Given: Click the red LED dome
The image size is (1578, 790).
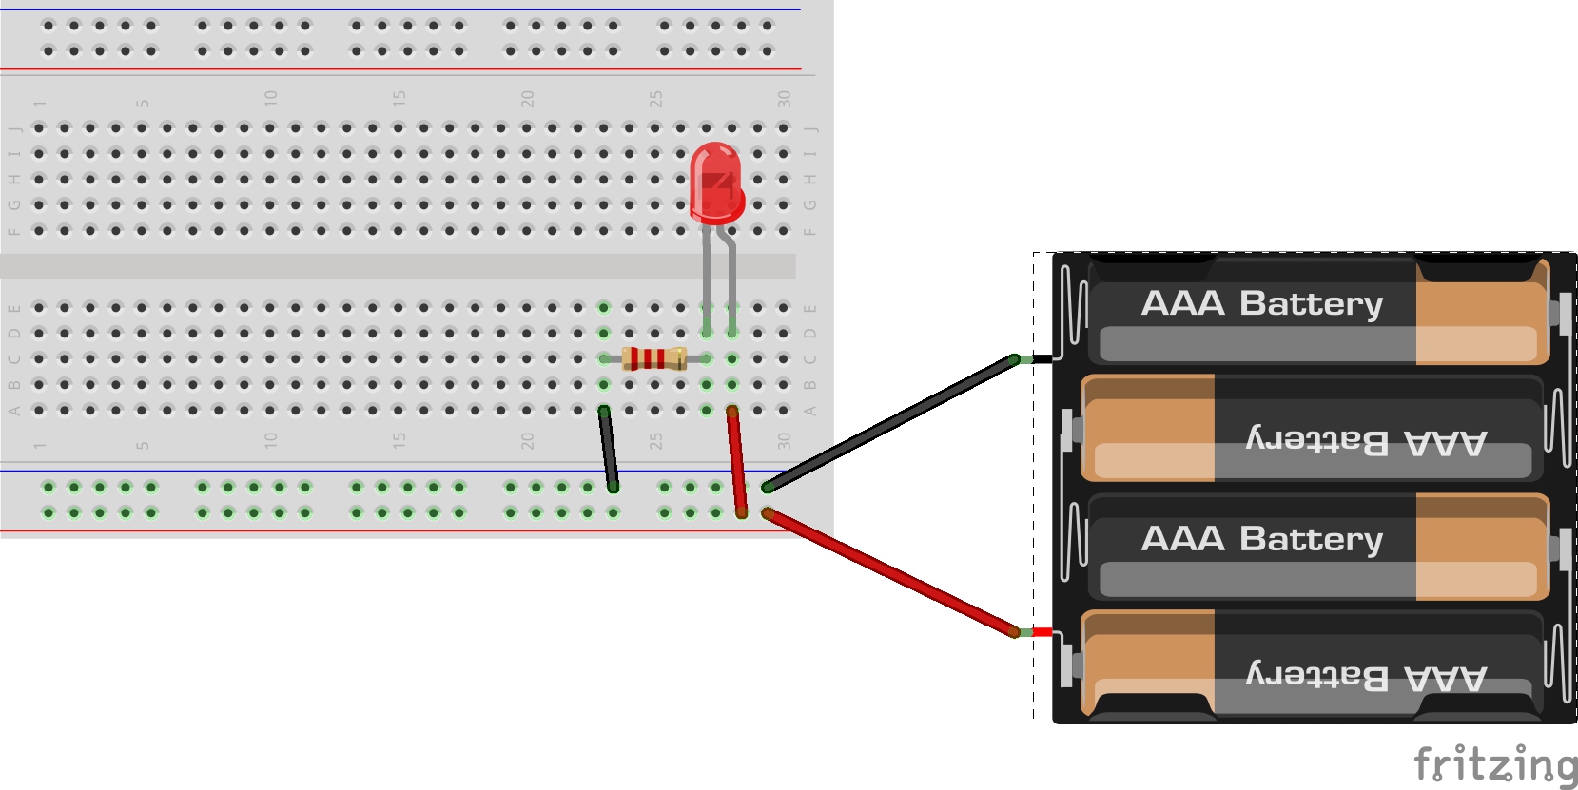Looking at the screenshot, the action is tap(716, 183).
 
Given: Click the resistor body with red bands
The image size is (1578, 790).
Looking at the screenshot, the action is tap(653, 358).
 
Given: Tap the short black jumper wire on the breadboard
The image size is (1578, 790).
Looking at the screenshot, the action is tap(609, 449).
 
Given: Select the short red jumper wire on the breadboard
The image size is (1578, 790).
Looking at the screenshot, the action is tap(737, 462).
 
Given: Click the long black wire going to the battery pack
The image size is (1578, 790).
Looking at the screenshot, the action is tap(891, 423).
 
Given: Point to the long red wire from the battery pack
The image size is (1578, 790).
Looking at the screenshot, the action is tap(891, 573).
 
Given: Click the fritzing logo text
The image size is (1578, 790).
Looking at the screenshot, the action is tap(1495, 764).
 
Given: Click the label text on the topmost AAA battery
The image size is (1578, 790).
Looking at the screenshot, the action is tap(1261, 303).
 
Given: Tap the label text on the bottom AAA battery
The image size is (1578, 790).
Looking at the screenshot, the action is tap(1367, 676).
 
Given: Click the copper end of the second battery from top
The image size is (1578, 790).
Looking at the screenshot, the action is tap(1147, 428).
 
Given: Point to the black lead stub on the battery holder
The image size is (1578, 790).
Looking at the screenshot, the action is tap(1042, 359).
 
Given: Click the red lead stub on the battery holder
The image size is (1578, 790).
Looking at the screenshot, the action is tap(1042, 632).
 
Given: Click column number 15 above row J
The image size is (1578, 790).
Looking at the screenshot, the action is tap(399, 98).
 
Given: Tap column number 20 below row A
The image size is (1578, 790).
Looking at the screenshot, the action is tap(527, 441).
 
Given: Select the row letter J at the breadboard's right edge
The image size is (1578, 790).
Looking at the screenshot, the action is tap(810, 129).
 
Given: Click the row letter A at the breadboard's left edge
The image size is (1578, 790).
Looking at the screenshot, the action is tap(13, 411).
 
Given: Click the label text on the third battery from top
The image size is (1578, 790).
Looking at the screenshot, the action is tap(1261, 539).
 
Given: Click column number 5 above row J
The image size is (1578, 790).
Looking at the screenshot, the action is tap(143, 103).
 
